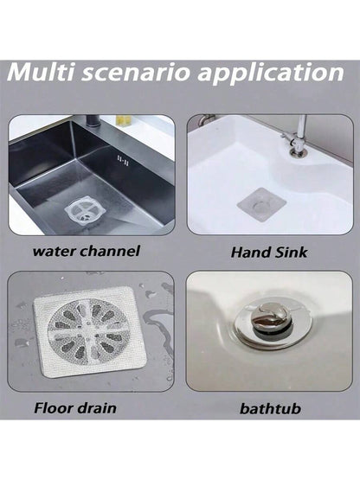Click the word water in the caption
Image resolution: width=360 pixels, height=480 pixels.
54,251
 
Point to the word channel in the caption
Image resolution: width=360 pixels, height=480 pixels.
109,251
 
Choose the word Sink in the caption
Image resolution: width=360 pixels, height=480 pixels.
291,253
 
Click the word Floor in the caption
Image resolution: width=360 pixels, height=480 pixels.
54,408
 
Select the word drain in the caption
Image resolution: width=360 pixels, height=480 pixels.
97,408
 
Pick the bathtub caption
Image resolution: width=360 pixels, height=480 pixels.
270,409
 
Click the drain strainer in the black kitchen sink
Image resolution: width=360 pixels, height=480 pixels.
84,212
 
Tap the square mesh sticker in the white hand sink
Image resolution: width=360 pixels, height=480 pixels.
261,204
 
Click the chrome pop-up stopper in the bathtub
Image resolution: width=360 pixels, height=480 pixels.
271,320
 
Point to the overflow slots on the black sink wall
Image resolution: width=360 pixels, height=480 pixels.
123,160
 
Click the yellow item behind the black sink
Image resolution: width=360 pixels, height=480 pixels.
123,119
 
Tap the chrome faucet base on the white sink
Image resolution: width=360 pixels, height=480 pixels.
297,150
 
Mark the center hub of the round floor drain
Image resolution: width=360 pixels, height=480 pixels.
87,323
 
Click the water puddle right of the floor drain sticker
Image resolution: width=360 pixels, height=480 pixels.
157,322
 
